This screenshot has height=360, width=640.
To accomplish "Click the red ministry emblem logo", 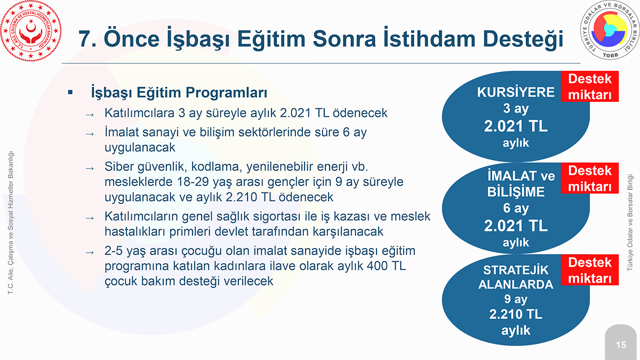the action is pos(31,30).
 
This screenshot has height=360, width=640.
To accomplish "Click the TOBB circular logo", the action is pos(610,30).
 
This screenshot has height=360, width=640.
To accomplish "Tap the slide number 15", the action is pos(621,345).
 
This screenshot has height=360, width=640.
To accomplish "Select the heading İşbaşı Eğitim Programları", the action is pos(179,93).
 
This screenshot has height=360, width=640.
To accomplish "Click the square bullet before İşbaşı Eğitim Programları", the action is pos(70,92).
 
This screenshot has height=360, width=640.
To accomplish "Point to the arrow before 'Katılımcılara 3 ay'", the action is pos(90,115).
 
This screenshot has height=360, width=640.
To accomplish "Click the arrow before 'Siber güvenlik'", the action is pos(90,169).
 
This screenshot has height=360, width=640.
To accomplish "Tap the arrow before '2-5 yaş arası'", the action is pos(90,253).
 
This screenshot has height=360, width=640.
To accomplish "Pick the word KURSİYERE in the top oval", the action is pos(516,92).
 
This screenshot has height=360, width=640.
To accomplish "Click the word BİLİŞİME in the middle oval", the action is pos(516,191).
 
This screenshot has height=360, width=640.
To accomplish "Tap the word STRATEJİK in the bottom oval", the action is pos(516,270).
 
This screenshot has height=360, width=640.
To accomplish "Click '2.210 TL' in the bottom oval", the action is pos(516,314).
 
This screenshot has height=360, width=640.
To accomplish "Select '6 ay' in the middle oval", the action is pos(516,208).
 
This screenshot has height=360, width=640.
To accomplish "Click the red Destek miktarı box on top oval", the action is pos(590,86).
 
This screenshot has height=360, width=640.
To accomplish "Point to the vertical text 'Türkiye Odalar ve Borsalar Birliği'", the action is pos(630,222).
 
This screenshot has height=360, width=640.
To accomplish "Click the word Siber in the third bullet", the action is pos(119,166).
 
